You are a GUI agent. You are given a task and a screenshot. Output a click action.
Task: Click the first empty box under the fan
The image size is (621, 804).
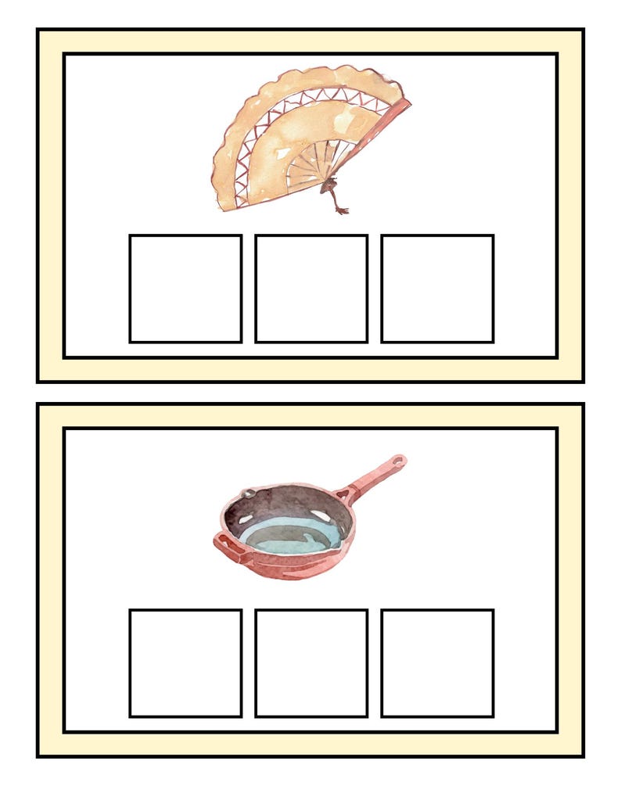click(185, 289)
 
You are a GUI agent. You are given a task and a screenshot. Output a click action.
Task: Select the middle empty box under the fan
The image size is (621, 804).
click(311, 289)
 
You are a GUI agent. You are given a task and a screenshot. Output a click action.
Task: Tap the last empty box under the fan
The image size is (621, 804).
click(437, 289)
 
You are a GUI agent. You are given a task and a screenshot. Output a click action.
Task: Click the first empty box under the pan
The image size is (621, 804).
click(185, 662)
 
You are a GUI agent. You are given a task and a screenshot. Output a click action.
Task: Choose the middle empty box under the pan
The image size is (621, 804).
click(311, 662)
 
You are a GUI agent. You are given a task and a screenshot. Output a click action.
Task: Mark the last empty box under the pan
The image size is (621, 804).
click(437, 662)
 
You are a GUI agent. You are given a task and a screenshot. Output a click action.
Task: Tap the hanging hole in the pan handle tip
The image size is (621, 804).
click(400, 461)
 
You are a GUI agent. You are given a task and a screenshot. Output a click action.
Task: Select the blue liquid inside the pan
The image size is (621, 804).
click(289, 537)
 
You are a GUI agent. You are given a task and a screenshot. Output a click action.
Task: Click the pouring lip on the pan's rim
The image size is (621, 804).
click(249, 494)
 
